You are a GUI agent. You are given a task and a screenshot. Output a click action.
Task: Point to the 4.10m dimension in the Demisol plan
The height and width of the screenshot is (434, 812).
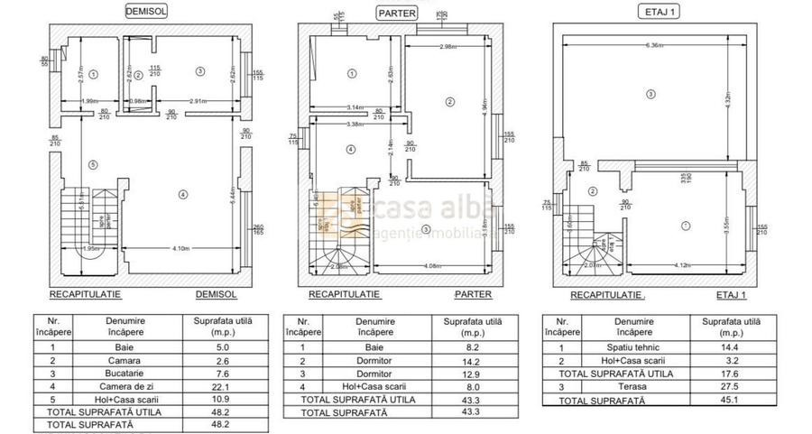tap(181, 247)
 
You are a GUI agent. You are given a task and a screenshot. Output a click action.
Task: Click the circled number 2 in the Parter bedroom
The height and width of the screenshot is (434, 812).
tap(449, 102)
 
